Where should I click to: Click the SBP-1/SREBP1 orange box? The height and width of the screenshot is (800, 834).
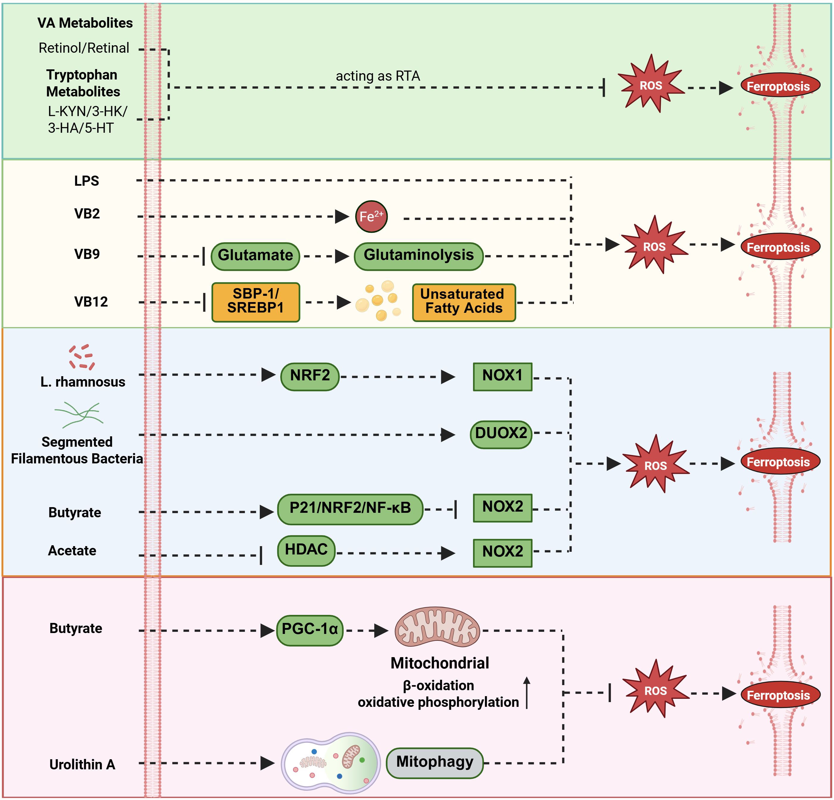tap(256, 302)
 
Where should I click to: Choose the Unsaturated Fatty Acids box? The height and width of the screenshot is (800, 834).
tap(464, 302)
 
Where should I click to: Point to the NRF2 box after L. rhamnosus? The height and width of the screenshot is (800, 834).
tap(310, 376)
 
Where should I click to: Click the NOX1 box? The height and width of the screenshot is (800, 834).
tap(503, 376)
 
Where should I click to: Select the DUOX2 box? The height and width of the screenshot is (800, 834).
tap(501, 434)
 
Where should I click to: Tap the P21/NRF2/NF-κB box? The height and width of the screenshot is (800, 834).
tap(350, 509)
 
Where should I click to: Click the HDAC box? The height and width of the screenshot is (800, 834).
tap(306, 550)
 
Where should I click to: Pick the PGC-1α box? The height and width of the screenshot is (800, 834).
tap(310, 630)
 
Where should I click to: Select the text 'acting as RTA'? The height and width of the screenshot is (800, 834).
tap(378, 76)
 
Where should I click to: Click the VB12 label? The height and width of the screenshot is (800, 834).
tap(91, 302)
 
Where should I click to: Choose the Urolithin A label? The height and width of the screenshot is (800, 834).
tap(82, 764)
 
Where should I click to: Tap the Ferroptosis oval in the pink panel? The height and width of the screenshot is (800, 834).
tap(778, 695)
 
